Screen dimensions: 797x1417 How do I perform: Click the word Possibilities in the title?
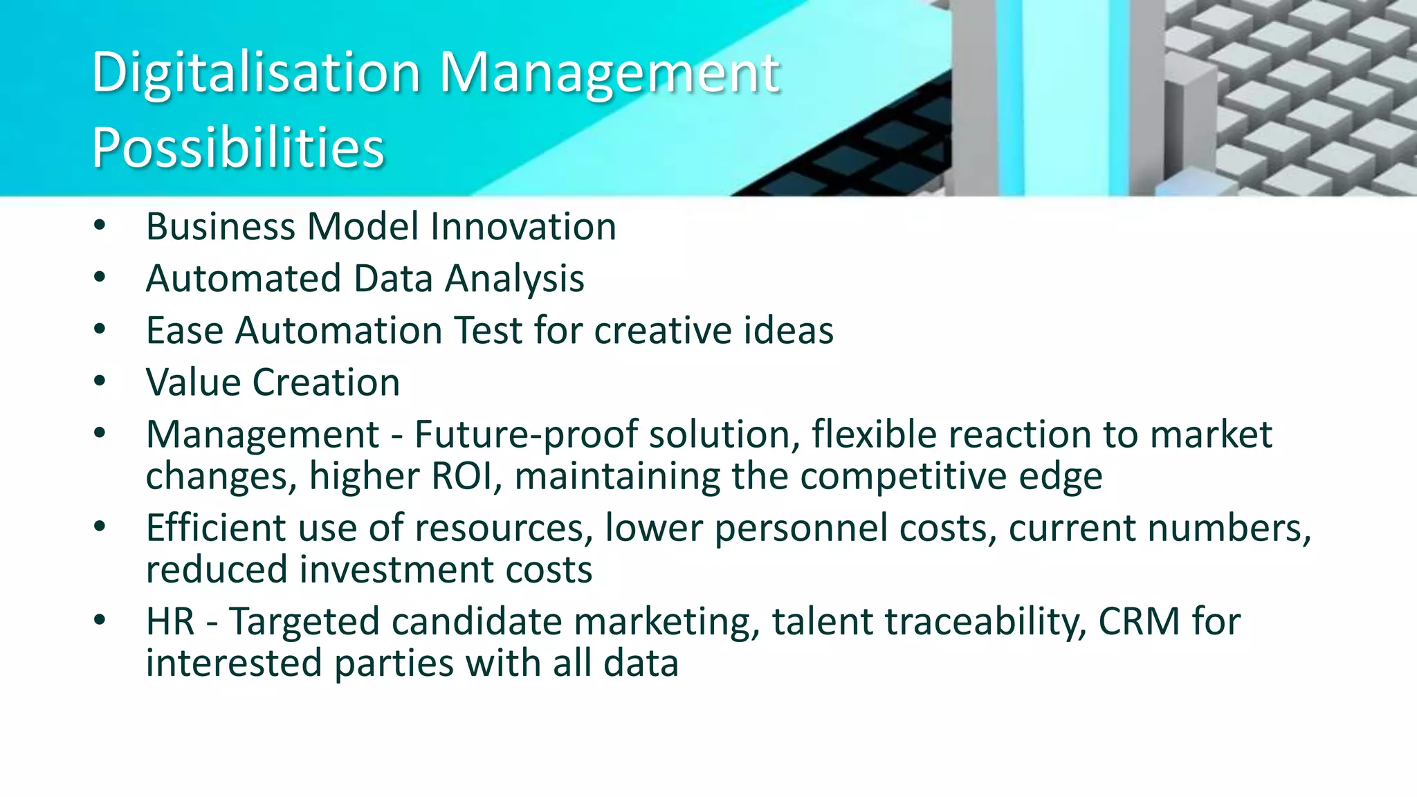pos(238,148)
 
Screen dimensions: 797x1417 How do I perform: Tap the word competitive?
pos(902,477)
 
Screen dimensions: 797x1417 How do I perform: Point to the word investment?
pos(396,570)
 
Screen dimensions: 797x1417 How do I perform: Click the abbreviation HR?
pos(170,621)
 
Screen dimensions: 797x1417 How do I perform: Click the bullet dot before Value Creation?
pos(100,381)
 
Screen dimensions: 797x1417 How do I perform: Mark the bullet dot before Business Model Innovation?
pos(100,226)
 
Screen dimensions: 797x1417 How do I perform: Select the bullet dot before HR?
pos(100,620)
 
